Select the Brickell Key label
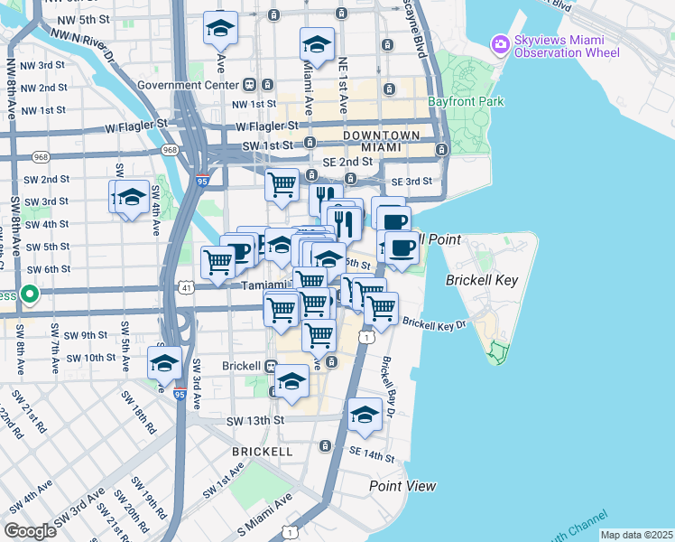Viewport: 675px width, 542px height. click(482, 280)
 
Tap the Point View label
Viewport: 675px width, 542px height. click(402, 486)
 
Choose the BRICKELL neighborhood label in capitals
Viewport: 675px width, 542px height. click(263, 450)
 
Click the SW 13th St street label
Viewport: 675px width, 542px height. click(255, 421)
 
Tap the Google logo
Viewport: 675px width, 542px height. click(30, 531)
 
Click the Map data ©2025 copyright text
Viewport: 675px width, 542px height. click(635, 535)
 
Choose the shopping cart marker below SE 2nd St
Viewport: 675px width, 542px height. click(282, 184)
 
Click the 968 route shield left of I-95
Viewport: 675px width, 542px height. click(170, 149)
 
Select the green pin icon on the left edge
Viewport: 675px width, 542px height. click(30, 294)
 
